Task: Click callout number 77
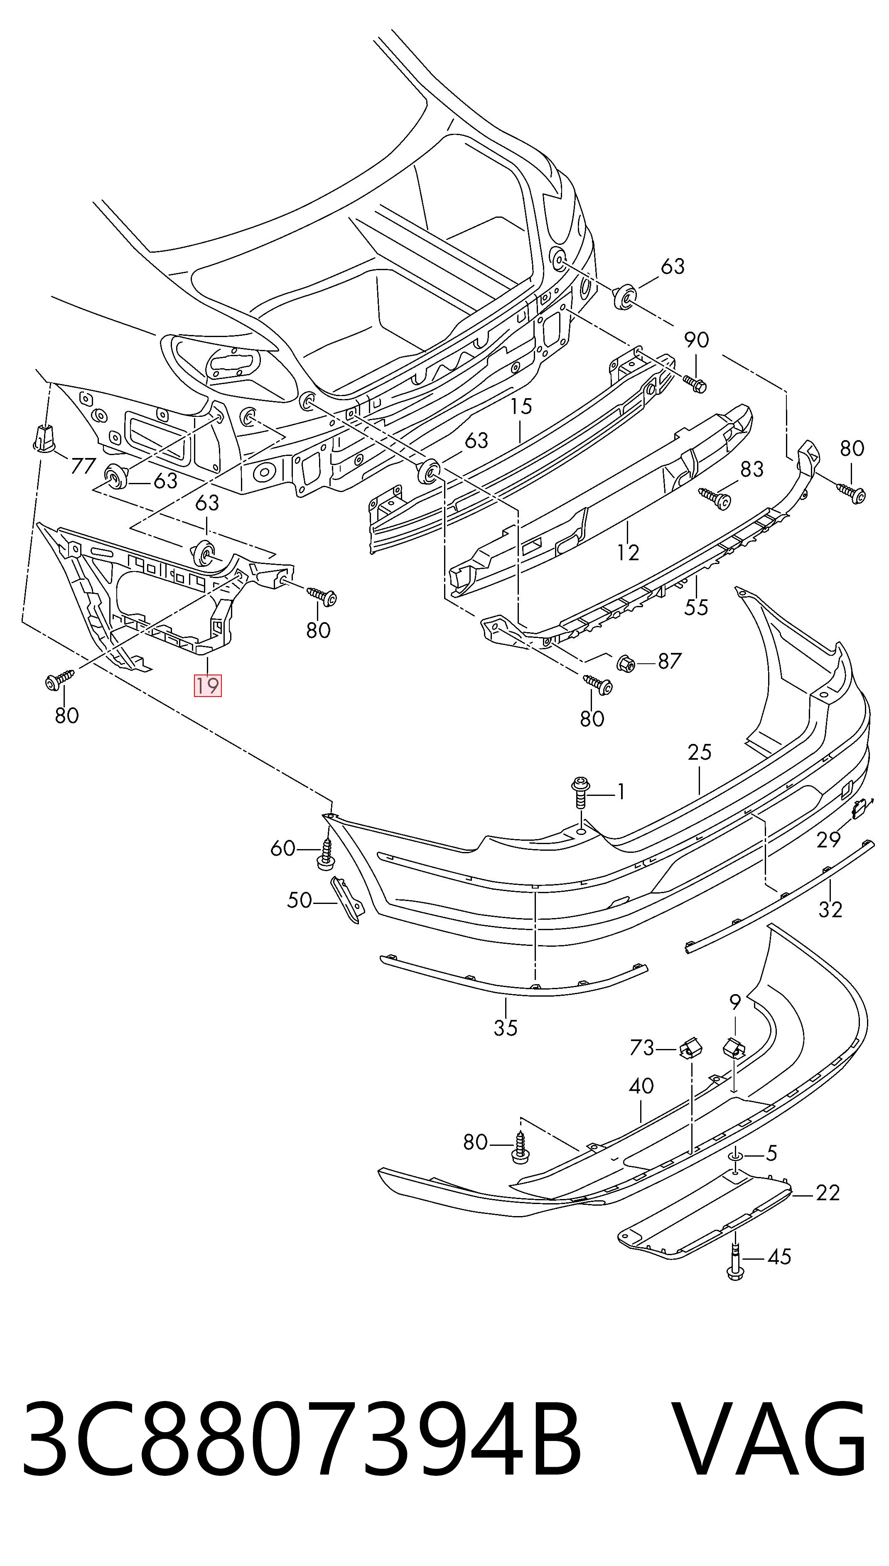[83, 466]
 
